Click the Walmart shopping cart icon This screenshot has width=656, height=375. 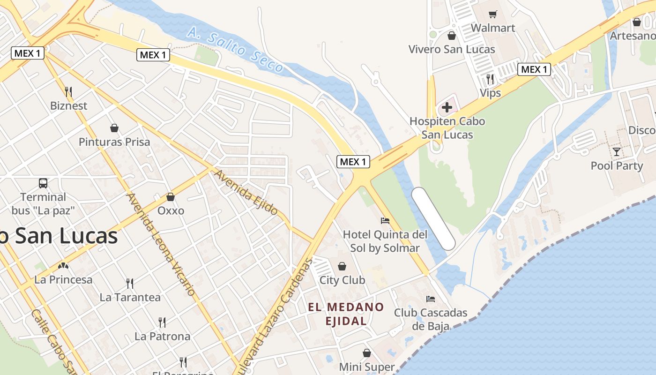click(x=492, y=15)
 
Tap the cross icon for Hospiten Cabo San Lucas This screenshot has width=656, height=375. click(x=447, y=107)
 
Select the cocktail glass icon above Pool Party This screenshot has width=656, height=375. click(x=617, y=151)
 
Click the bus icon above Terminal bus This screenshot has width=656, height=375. click(x=43, y=183)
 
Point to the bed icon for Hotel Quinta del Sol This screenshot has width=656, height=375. click(x=385, y=220)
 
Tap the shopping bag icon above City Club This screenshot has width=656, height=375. click(x=342, y=266)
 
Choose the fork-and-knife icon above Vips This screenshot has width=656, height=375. click(x=490, y=79)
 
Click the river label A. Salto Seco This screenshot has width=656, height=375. click(x=236, y=51)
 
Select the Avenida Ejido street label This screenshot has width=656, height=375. click(x=246, y=193)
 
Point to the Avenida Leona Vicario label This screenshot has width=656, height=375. click(x=161, y=244)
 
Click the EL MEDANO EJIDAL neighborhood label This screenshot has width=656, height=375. click(x=346, y=314)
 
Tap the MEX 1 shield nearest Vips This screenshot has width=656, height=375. click(x=534, y=69)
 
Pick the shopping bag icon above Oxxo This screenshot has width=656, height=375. click(x=171, y=197)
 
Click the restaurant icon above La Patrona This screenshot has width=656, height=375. click(x=162, y=322)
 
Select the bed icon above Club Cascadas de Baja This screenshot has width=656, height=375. click(x=431, y=299)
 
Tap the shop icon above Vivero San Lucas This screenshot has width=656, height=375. click(x=452, y=36)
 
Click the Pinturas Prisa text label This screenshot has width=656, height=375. click(x=114, y=142)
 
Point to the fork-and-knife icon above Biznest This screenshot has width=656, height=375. click(x=68, y=91)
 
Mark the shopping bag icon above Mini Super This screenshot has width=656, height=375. click(x=367, y=353)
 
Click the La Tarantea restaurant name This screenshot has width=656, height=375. click(x=130, y=297)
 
